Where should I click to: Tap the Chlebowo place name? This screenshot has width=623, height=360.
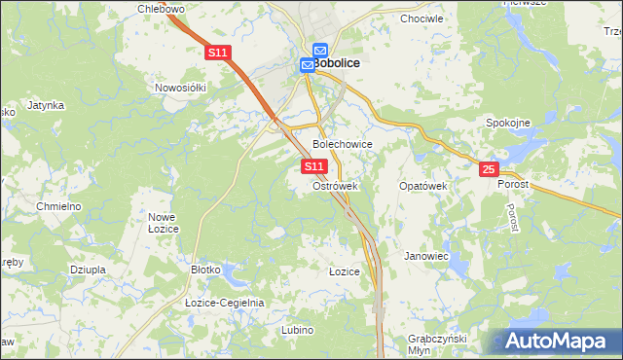(x=163, y=9)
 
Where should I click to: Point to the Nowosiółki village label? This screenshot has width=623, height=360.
(x=182, y=88)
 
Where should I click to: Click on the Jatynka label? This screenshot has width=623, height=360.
(x=46, y=104)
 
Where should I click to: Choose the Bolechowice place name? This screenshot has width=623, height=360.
(x=342, y=144)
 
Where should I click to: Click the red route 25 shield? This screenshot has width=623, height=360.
(x=490, y=169)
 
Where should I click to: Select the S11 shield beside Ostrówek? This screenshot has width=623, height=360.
(x=312, y=167)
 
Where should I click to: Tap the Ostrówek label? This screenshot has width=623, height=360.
(x=336, y=185)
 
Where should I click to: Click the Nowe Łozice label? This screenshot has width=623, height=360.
(x=160, y=222)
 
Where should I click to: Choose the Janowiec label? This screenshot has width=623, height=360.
(x=425, y=256)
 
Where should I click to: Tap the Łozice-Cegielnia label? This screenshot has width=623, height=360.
(x=225, y=303)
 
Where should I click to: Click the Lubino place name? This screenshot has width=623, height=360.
(x=298, y=330)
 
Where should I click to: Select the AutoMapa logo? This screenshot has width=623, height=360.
(x=558, y=342)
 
